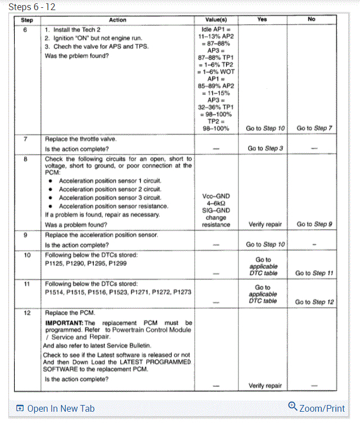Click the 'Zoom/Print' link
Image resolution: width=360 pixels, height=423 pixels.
click(x=316, y=408)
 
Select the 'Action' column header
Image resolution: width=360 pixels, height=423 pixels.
click(x=117, y=20)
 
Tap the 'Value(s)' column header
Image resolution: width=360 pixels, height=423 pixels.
click(x=216, y=20)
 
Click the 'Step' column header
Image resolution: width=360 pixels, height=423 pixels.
click(x=26, y=20)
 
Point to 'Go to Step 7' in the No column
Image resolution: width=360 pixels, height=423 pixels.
click(x=314, y=128)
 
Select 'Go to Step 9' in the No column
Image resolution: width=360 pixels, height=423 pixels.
click(x=314, y=224)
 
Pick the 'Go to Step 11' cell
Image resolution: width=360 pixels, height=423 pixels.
click(x=314, y=273)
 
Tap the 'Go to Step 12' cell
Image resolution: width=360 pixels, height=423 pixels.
click(x=314, y=302)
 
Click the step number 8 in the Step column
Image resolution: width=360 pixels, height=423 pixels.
click(x=26, y=159)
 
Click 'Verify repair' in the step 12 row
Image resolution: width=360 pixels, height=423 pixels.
click(x=265, y=385)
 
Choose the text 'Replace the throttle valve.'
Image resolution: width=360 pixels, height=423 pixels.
click(x=80, y=138)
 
